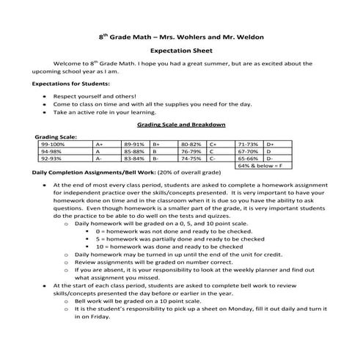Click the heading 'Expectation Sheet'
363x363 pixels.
coord(181,52)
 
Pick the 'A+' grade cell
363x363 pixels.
coord(100,145)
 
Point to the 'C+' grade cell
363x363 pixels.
coord(213,145)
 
